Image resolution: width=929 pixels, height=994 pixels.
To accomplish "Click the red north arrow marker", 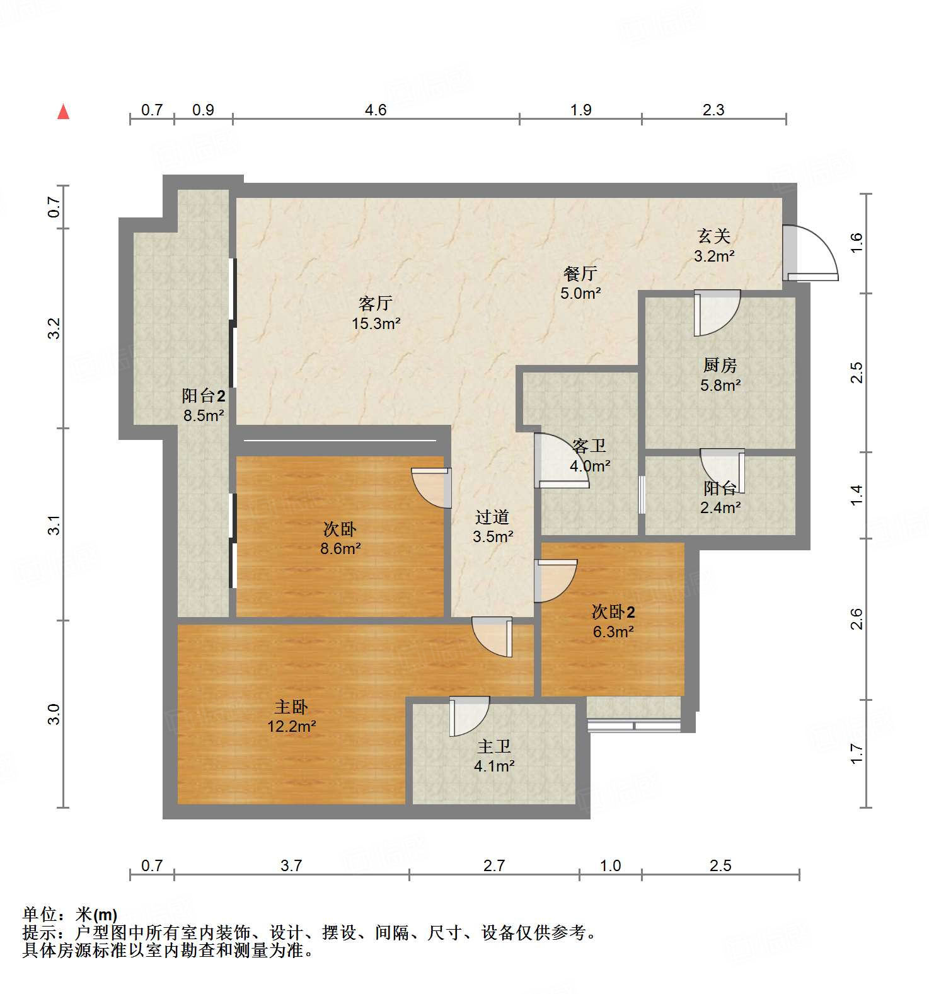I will pos(63,112).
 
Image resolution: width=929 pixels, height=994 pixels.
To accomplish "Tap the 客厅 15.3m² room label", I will pos(376,313).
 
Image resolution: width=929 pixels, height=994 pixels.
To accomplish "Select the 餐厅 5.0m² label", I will pos(580,283).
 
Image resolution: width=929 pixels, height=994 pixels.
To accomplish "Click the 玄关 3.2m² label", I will pos(714,246).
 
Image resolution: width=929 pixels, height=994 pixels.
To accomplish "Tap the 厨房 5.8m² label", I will pos(720,374).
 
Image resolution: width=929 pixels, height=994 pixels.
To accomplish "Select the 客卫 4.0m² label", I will pos(590,456).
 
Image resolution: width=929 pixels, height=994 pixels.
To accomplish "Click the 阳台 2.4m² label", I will pos(720,497).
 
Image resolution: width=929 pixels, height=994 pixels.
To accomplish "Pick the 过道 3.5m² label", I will pos(493,526).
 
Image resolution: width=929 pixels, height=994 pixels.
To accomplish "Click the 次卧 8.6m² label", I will pos(340,538).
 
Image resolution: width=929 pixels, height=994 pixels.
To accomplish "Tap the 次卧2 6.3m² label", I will pos(613,621).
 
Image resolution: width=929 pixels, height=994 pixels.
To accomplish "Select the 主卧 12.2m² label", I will pos(291,716).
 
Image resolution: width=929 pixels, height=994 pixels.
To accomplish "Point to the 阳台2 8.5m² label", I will pos(204,405).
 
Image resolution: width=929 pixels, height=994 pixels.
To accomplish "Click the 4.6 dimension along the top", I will pos(376,110).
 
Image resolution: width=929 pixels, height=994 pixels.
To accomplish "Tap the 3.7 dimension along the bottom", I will pos(291,865).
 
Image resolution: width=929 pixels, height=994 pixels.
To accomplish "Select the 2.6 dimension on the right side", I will pos(856,619).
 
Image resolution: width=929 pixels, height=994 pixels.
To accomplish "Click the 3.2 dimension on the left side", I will pos(54,328).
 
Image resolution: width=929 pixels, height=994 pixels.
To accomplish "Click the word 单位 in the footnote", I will pos(40,913).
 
